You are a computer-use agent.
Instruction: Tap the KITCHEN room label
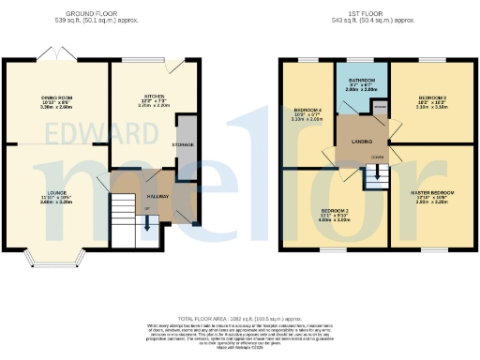(x=154, y=97)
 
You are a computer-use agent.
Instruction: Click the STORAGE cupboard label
(x=185, y=144)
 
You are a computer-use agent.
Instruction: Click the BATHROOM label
(x=361, y=81)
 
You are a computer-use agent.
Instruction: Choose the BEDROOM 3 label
(x=432, y=97)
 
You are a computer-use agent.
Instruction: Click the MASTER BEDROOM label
(x=431, y=193)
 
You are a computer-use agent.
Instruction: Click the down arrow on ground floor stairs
(x=146, y=221)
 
